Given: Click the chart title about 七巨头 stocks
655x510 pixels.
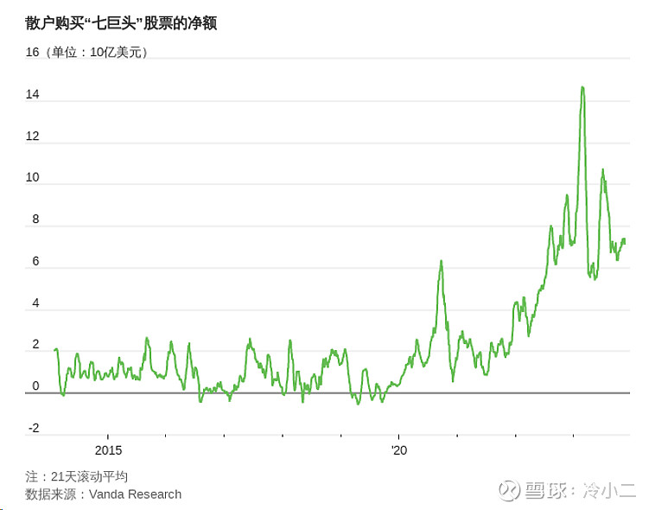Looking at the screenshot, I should (x=121, y=22).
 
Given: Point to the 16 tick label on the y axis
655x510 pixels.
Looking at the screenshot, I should (x=33, y=52).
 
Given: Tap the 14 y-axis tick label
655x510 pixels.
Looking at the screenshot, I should (x=33, y=94).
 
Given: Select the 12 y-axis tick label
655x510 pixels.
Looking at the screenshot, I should (x=33, y=136).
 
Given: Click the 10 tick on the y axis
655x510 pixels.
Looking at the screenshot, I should (x=33, y=177).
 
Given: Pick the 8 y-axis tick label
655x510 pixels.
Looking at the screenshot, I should (x=36, y=219).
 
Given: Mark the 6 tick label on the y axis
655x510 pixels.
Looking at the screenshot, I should (x=36, y=261).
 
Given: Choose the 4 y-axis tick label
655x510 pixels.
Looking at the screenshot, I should (x=36, y=303).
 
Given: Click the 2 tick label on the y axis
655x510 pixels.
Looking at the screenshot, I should (x=36, y=345).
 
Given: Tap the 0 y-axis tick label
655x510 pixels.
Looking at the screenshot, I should (x=36, y=386).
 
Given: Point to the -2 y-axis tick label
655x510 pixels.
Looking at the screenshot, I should (x=34, y=428).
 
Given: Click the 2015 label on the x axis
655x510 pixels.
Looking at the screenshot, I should (x=109, y=450).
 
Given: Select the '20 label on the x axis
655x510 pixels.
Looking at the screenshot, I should (x=398, y=450).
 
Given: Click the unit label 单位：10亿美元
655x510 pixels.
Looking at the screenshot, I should (x=99, y=52).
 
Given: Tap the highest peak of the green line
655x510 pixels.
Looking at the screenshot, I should (x=582, y=87).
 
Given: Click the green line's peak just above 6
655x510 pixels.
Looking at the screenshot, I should (x=441, y=261).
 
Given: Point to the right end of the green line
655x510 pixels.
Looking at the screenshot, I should (x=625, y=241).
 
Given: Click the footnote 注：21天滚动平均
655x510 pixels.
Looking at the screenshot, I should (x=77, y=476).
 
